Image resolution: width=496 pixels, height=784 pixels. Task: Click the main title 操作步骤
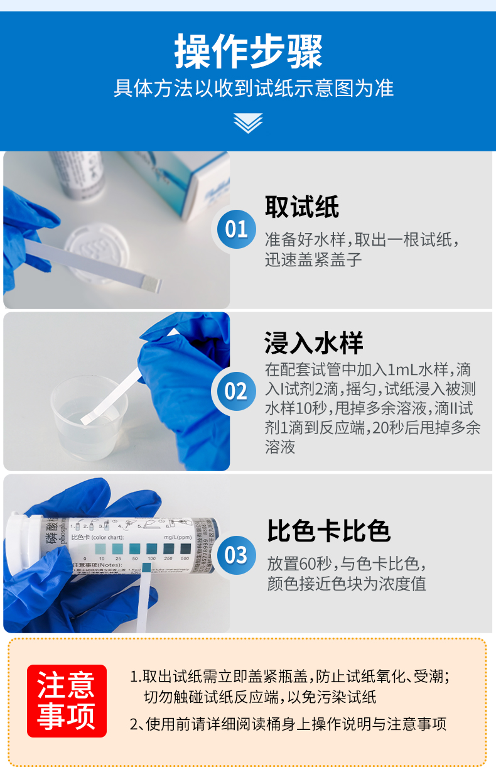248,52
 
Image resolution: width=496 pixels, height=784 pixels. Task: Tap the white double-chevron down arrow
248,122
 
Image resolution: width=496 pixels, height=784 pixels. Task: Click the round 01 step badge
236,229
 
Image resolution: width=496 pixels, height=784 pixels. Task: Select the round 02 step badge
236,391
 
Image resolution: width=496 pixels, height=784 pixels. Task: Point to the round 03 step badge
236,555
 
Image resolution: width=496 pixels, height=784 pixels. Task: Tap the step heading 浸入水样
313,344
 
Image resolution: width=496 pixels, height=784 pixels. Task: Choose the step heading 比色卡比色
328,531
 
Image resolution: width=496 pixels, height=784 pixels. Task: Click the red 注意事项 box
67,700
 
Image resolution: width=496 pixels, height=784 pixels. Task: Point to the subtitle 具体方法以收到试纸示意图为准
254,88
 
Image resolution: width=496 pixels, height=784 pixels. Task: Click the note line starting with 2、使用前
288,724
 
